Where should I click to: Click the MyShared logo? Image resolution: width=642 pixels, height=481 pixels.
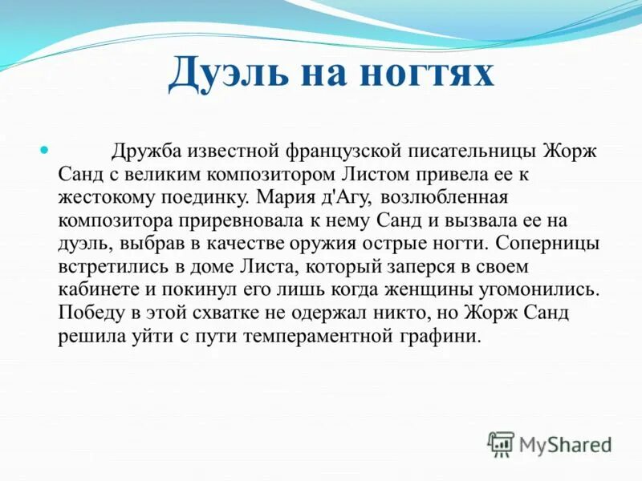click(x=551, y=443)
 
